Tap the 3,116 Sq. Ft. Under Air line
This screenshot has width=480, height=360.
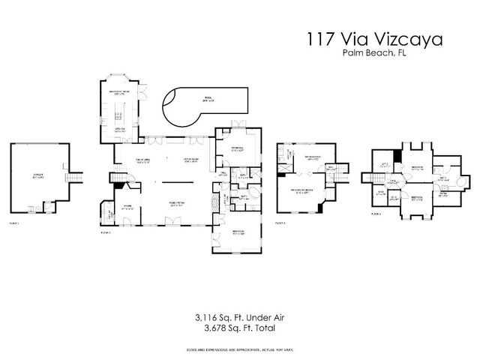(239, 317)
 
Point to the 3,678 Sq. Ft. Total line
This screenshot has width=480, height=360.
(239, 328)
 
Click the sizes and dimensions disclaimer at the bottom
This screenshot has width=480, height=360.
(239, 350)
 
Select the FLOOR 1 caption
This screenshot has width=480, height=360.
(13, 223)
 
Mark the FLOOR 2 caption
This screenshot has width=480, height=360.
(106, 232)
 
